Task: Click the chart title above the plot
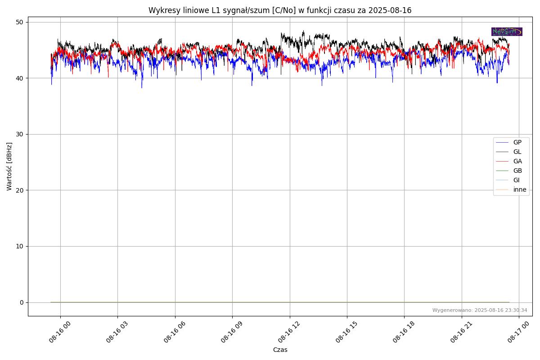pyautogui.click(x=280, y=10)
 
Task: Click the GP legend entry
pyautogui.click(x=517, y=142)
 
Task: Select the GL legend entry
pyautogui.click(x=517, y=152)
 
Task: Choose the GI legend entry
pyautogui.click(x=516, y=180)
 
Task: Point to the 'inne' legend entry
pyautogui.click(x=519, y=189)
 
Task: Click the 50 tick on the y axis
pyautogui.click(x=20, y=22)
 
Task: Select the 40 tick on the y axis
pyautogui.click(x=20, y=78)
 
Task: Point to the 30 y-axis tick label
pyautogui.click(x=20, y=134)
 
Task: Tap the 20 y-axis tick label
pyautogui.click(x=20, y=190)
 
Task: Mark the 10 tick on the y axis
pyautogui.click(x=20, y=246)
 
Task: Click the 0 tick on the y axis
pyautogui.click(x=21, y=302)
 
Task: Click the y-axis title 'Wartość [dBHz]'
pyautogui.click(x=9, y=166)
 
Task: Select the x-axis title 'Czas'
pyautogui.click(x=280, y=350)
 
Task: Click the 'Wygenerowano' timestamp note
pyautogui.click(x=480, y=310)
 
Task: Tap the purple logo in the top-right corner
pyautogui.click(x=507, y=31)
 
